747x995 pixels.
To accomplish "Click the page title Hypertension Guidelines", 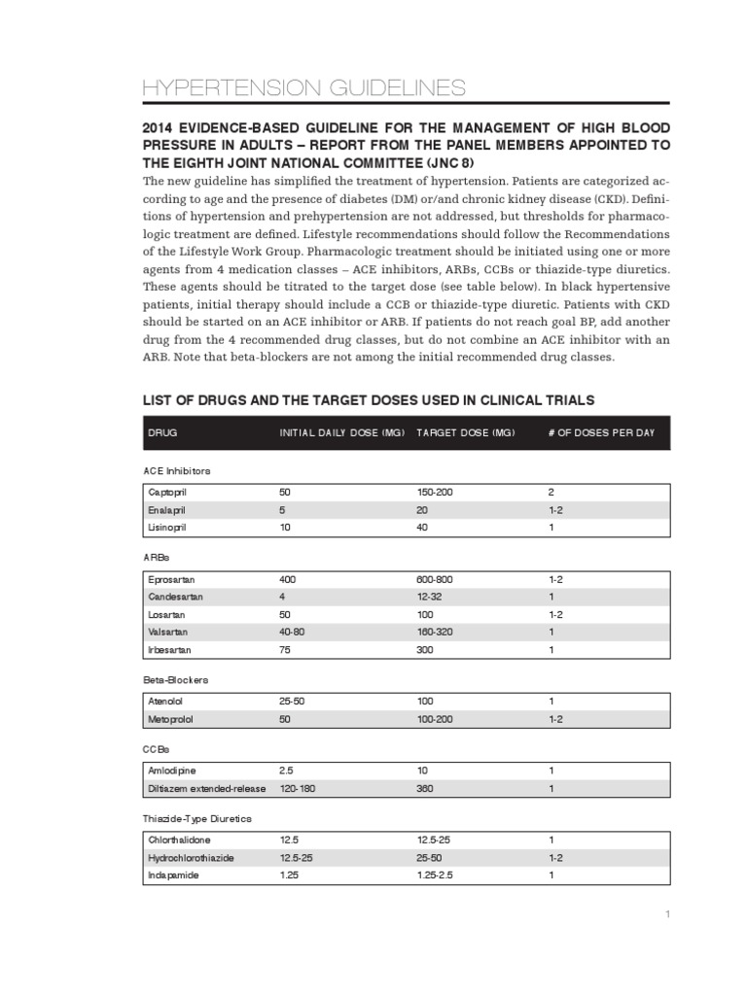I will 303,88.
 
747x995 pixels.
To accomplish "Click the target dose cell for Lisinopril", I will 423,527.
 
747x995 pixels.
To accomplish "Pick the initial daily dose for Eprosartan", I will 288,578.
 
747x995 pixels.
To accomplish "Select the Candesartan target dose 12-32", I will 429,596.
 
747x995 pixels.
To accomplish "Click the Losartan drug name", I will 166,613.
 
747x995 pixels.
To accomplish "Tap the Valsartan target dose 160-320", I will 435,631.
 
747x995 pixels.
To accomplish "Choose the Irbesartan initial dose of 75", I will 285,648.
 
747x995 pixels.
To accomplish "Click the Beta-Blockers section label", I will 176,680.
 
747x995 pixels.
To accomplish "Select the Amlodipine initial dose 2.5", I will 286,770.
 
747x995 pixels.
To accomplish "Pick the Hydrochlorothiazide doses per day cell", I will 555,858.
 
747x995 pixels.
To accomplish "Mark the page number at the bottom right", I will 668,914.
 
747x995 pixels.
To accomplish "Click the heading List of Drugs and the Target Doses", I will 369,399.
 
